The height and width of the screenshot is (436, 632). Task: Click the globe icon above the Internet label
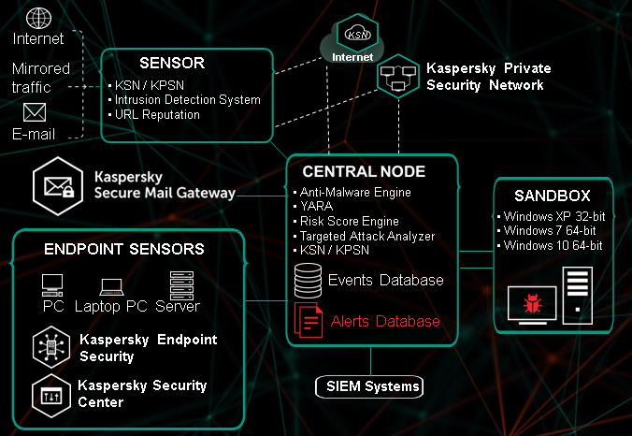click(x=38, y=18)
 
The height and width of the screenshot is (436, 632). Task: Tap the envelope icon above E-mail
click(x=35, y=112)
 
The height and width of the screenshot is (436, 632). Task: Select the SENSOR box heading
click(x=171, y=64)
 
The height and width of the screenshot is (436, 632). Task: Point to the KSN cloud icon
click(x=358, y=35)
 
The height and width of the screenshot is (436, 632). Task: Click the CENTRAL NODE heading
click(x=364, y=172)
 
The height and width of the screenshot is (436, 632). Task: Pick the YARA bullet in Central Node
click(x=318, y=207)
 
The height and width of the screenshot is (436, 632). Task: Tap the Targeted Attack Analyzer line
click(x=367, y=237)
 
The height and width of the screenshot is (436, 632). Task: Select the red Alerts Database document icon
click(x=309, y=321)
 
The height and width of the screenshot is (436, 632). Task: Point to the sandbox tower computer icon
click(x=577, y=291)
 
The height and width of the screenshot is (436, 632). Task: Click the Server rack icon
click(x=180, y=283)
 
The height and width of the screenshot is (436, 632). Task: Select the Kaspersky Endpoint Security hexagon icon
click(x=48, y=346)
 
